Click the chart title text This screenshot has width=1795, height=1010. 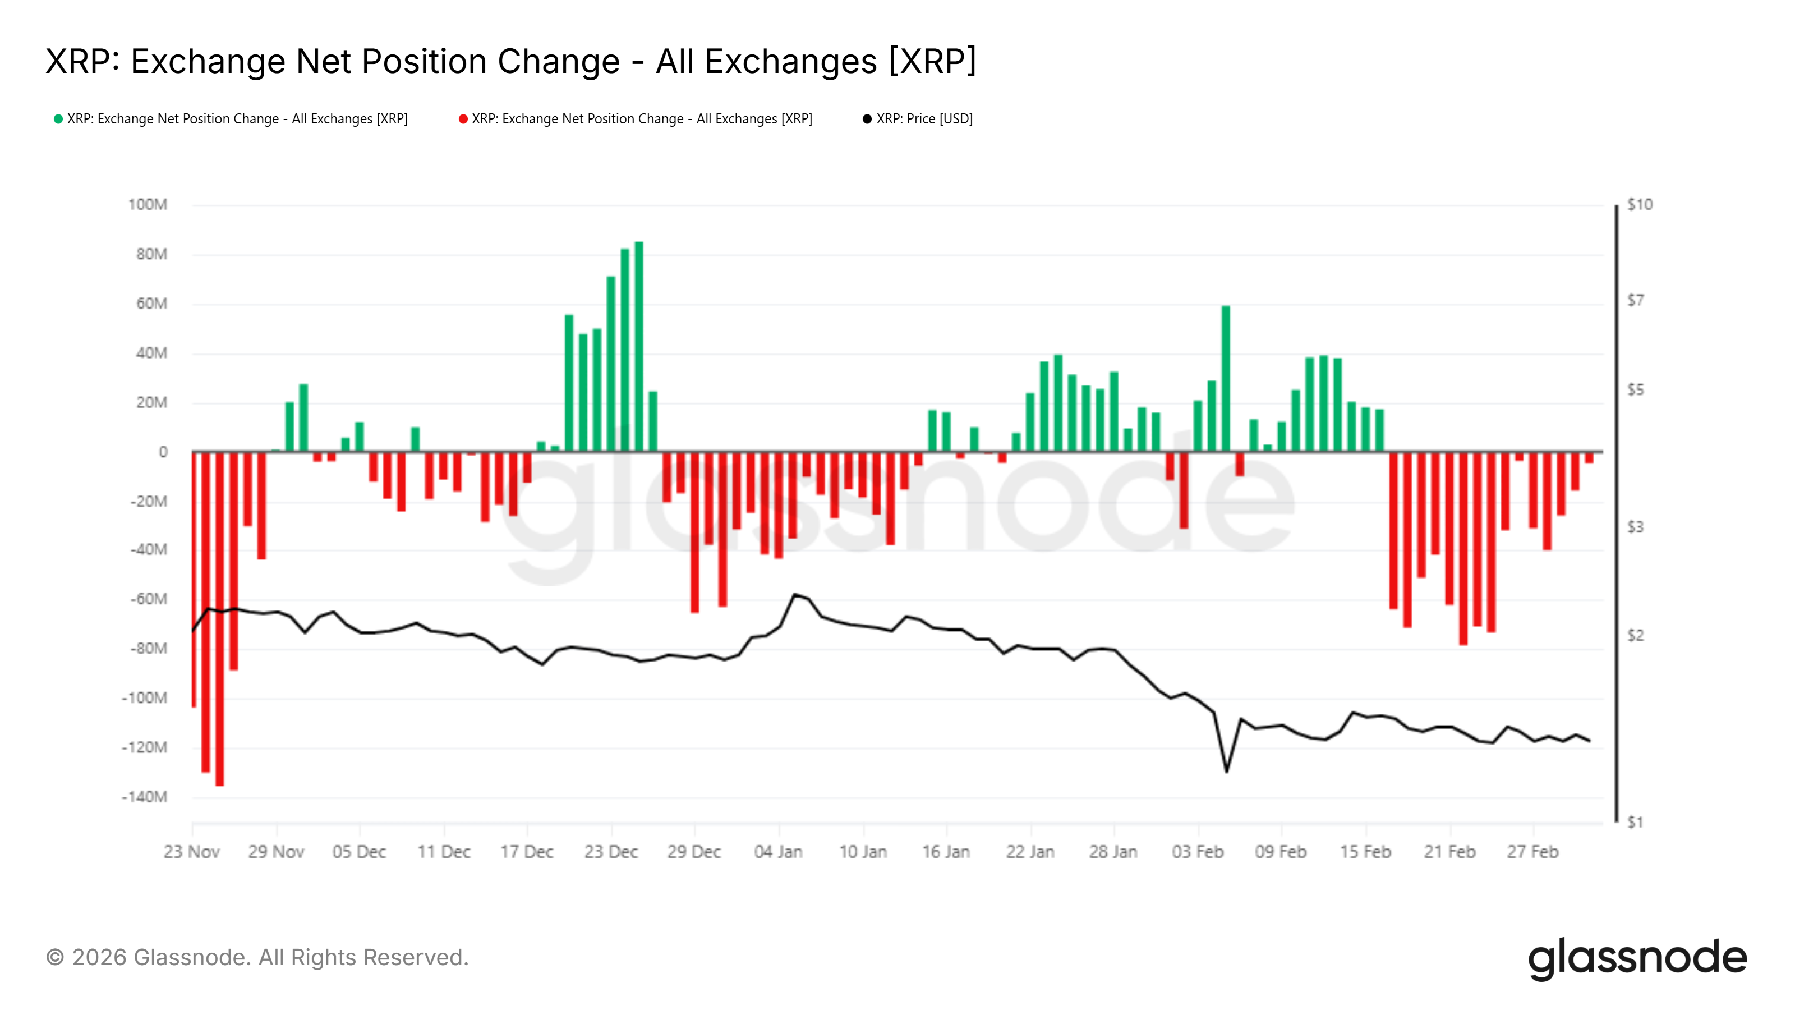pos(511,61)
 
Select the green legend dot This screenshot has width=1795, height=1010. pos(58,119)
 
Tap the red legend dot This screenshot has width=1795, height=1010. pos(463,119)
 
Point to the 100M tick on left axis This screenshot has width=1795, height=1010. pos(148,205)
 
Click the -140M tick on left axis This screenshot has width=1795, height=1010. pos(144,797)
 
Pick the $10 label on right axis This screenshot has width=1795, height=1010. pos(1639,205)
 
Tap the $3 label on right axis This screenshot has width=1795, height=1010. pos(1635,527)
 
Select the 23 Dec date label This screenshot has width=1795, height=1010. pos(611,852)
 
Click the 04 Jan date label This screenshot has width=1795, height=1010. pos(779,852)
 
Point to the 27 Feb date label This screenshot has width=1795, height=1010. pos(1532,852)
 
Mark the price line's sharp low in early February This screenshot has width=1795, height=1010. pos(1226,770)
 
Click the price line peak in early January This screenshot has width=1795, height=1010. pos(794,595)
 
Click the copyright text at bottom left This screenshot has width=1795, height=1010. pos(257,958)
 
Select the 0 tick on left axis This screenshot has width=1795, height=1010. pos(163,452)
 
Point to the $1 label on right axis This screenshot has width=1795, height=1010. pos(1635,823)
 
